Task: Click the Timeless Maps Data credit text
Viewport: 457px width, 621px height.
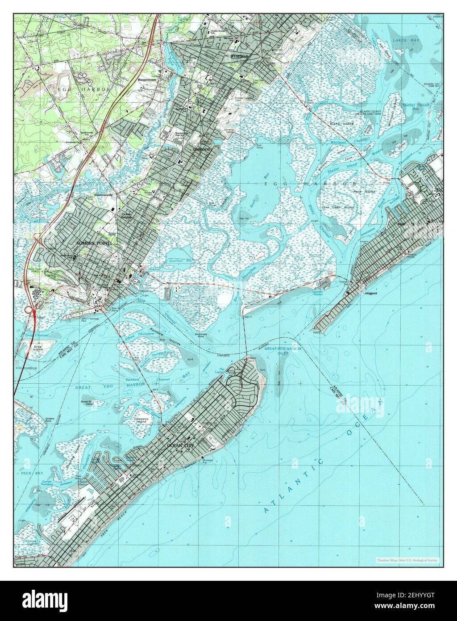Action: [x=407, y=560]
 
